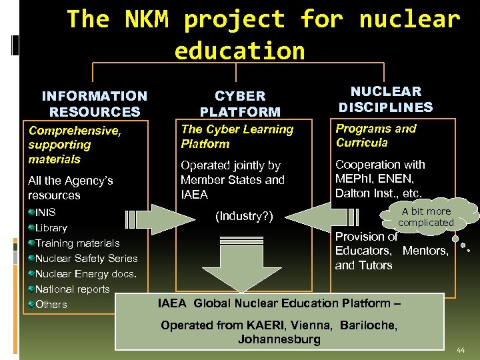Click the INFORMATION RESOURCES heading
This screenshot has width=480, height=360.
(94, 104)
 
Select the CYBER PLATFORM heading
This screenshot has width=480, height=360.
(240, 104)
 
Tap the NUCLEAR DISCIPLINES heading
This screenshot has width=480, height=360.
(385, 99)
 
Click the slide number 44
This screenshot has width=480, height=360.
(461, 350)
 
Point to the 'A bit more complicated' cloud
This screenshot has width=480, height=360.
(426, 217)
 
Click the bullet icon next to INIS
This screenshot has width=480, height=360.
(31, 213)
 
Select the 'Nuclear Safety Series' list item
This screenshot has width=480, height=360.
(86, 259)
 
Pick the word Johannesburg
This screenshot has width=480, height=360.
(279, 339)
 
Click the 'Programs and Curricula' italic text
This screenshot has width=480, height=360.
(376, 135)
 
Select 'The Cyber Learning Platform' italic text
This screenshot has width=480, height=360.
(237, 137)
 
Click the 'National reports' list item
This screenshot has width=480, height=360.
(72, 289)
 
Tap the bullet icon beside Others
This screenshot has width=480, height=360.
(31, 305)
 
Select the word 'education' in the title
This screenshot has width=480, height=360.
(239, 51)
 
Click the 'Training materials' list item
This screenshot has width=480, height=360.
(77, 243)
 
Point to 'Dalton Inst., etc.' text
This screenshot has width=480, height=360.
(378, 193)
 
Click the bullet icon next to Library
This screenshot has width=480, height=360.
(31, 228)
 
